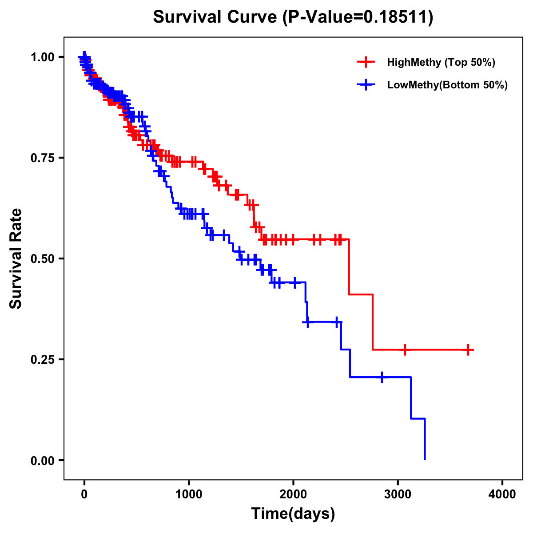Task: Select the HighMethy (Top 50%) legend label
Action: (441, 62)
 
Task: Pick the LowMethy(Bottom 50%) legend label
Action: (447, 85)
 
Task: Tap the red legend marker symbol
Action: (366, 62)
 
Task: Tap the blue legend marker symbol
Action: (366, 85)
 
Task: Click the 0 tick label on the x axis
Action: (84, 494)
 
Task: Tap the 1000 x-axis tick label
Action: (189, 494)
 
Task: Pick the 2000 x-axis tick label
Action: (293, 494)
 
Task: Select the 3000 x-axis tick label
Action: (398, 494)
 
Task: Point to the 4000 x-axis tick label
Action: (502, 494)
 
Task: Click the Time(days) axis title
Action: (293, 513)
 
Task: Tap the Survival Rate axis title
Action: (16, 259)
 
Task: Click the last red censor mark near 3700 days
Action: (468, 350)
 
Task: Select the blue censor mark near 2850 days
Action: (382, 377)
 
